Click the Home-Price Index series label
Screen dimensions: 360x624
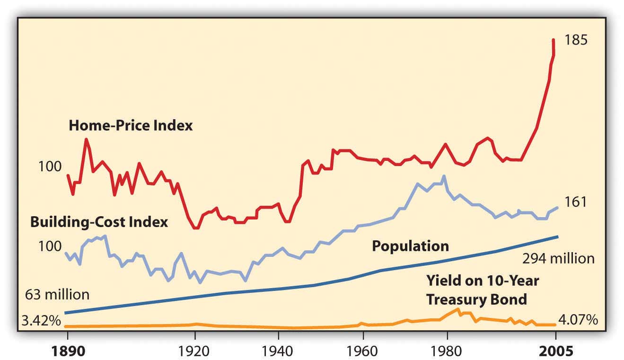point(131,126)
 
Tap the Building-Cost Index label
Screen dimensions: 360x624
point(99,222)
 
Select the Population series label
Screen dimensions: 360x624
point(410,246)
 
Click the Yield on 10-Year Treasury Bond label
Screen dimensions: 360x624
point(483,290)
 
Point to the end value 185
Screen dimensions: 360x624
point(575,40)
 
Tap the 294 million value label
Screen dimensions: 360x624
point(558,259)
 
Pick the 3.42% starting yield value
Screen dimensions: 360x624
point(41,321)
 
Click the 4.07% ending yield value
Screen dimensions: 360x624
point(578,320)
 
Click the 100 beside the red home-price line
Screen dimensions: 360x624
point(50,167)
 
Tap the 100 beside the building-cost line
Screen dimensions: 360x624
point(50,246)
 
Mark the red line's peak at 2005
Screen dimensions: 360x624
point(553,40)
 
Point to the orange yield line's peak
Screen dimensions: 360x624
point(457,309)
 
